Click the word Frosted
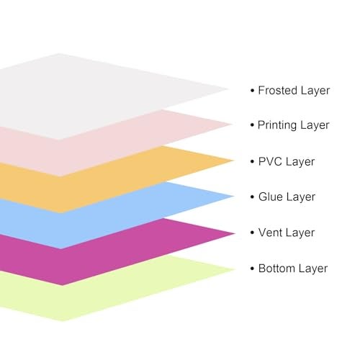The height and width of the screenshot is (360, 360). pos(278,90)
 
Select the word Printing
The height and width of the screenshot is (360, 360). pos(277,126)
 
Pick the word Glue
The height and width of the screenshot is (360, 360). pos(270,197)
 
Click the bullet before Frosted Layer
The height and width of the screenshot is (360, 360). pos(252,91)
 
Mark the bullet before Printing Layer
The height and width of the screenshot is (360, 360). pos(252,125)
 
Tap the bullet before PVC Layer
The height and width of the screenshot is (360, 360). pos(252,162)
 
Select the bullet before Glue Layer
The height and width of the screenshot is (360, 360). pos(252,197)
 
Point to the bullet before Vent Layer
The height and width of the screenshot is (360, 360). pos(252,233)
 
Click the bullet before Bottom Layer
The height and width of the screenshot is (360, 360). pos(252,269)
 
